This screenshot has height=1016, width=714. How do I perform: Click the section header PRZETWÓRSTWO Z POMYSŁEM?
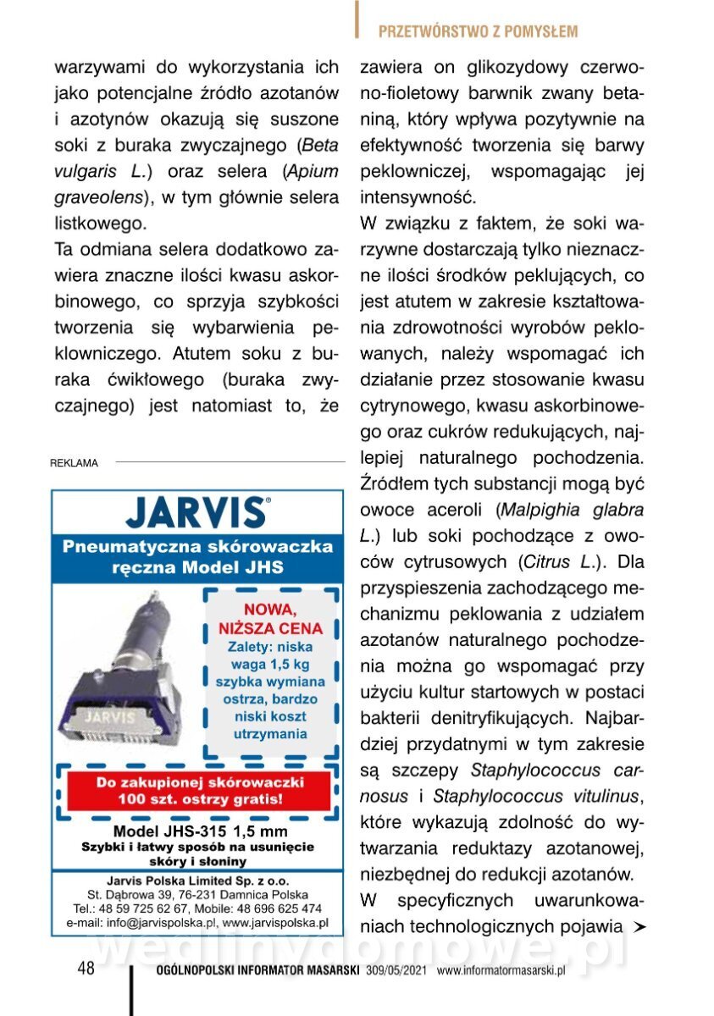(x=478, y=32)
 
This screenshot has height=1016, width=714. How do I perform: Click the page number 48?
(x=86, y=969)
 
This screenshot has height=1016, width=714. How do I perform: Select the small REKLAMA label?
(x=75, y=463)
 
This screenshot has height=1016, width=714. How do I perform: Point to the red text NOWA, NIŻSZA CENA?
(x=271, y=619)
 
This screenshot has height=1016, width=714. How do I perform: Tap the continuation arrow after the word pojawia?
(x=639, y=926)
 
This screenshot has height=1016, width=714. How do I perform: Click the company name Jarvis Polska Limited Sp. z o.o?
(x=198, y=879)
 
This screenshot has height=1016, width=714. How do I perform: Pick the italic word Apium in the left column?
(x=312, y=171)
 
